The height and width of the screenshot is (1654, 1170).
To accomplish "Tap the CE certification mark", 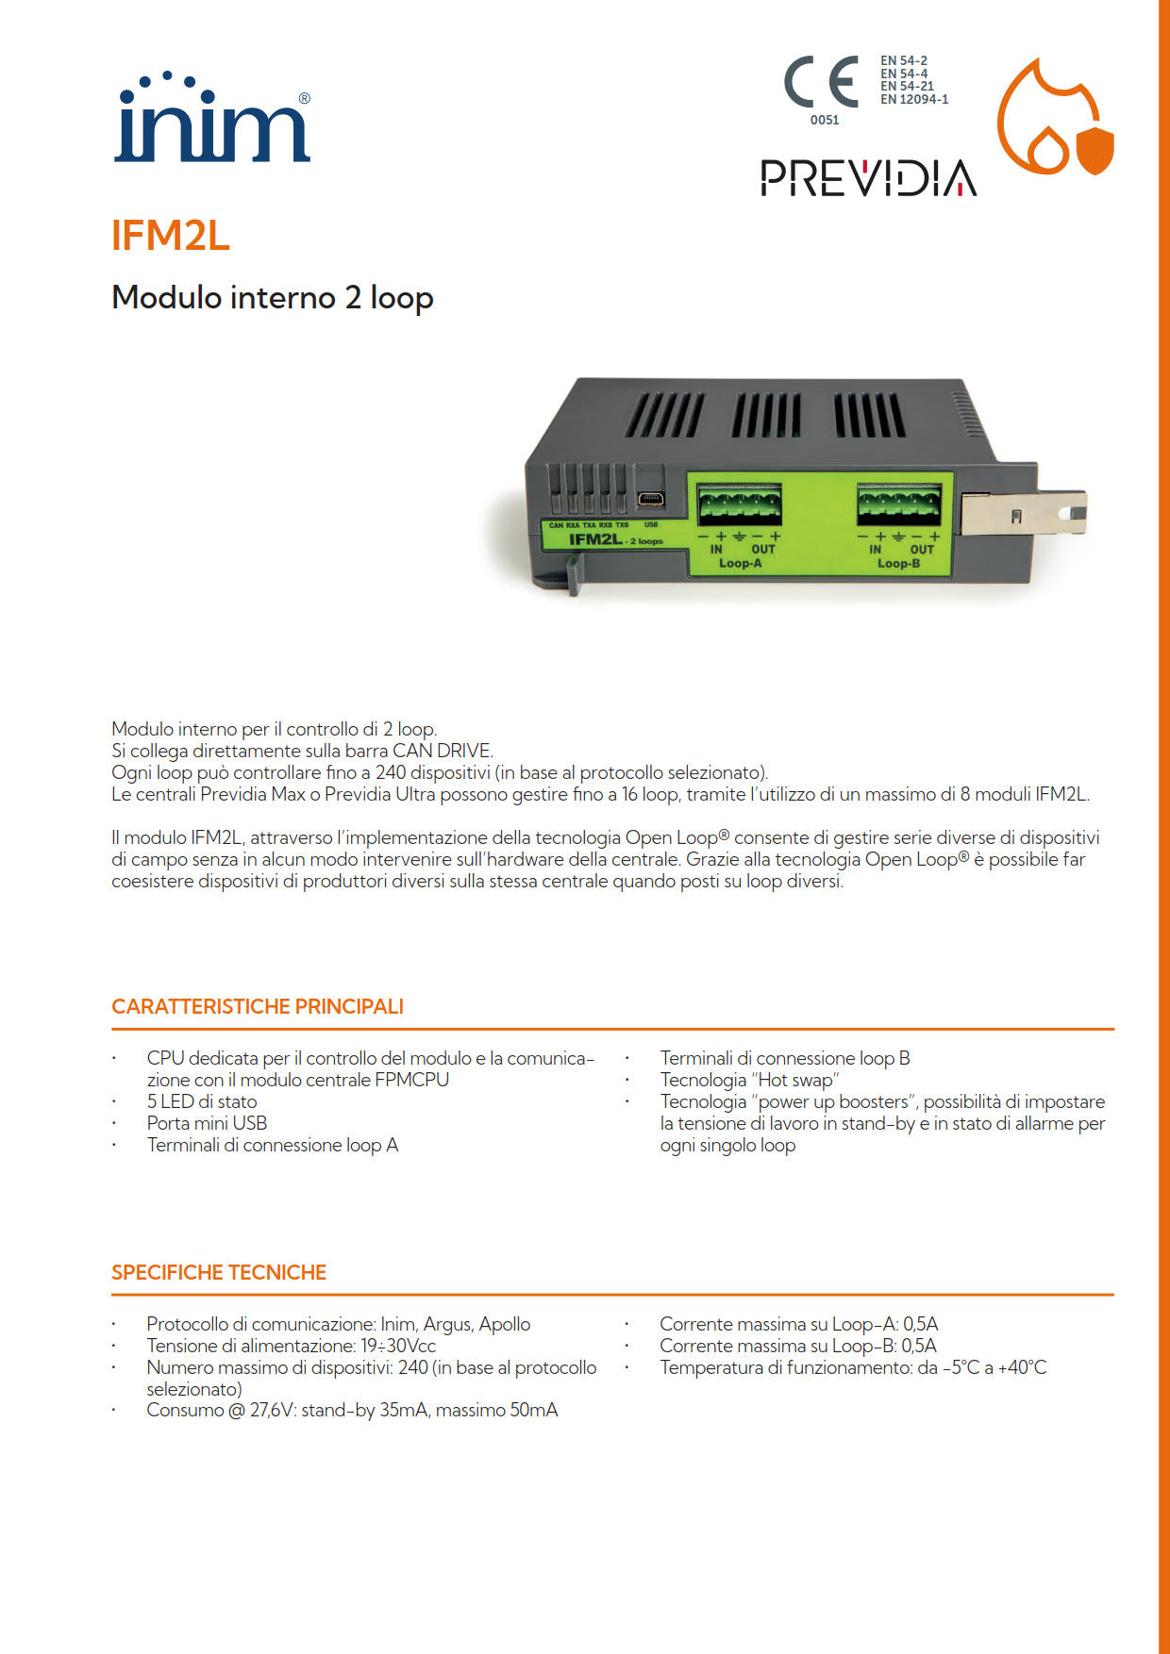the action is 821,81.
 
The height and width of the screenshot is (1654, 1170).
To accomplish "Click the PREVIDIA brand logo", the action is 868,177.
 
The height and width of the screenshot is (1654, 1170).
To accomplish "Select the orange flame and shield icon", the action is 1056,117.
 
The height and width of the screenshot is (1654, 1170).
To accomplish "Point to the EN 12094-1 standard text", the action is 914,99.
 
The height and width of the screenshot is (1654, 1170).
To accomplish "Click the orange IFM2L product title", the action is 171,236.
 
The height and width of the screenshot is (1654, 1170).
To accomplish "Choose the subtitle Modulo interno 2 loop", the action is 273,297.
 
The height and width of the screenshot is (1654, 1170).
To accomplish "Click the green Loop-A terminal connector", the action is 739,504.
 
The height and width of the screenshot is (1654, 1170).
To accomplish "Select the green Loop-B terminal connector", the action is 899,504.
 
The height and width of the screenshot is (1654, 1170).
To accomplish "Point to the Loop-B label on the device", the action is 898,564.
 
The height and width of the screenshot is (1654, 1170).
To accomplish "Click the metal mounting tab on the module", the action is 1024,514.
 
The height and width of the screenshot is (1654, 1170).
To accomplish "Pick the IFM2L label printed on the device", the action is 595,539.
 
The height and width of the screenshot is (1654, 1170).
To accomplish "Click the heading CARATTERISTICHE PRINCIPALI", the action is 258,1006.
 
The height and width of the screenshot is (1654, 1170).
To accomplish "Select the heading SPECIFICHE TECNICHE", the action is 219,1272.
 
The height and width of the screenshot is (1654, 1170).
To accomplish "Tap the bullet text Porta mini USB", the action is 207,1123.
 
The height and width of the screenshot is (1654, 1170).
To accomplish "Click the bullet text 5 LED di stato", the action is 202,1101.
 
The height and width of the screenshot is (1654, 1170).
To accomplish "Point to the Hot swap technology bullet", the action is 749,1080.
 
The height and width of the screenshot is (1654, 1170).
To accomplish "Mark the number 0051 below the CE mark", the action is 825,120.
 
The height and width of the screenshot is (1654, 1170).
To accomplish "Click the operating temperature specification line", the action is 853,1367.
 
